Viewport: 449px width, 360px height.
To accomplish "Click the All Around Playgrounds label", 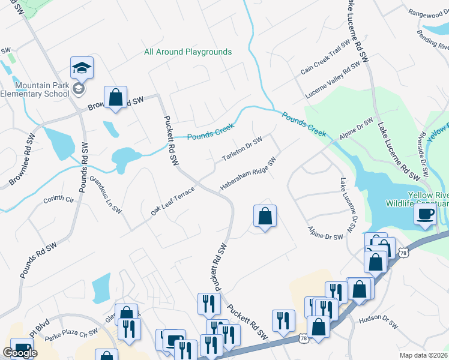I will [188, 52].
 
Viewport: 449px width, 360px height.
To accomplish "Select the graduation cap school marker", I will [82, 69].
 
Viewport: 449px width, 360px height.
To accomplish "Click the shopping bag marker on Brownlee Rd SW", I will [115, 98].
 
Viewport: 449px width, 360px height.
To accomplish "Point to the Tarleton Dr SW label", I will [243, 149].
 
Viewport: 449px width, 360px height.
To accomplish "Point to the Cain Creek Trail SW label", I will [325, 58].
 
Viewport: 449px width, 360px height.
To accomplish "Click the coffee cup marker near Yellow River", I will [426, 215].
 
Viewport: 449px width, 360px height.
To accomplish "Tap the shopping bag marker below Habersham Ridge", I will [265, 217].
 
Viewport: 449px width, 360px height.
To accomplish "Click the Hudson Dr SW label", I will [378, 323].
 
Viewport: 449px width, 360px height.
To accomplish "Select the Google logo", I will [20, 353].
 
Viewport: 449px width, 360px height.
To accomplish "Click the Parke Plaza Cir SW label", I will [76, 332].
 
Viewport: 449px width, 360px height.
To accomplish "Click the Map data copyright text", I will [424, 355].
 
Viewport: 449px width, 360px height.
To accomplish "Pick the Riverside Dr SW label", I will [425, 154].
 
